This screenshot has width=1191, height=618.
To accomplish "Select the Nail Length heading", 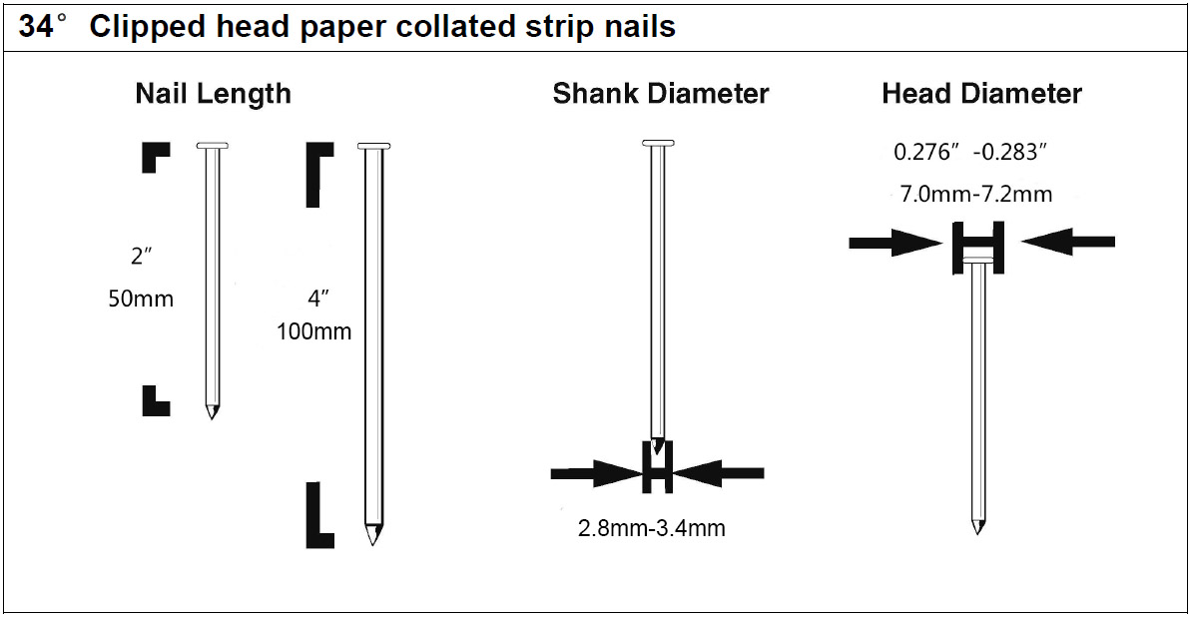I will [214, 94].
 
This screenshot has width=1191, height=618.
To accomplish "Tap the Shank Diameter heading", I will [661, 94].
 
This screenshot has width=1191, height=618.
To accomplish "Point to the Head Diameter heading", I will [981, 94].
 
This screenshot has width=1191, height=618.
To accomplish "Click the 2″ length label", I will [141, 258].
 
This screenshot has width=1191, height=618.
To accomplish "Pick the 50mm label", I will [141, 299].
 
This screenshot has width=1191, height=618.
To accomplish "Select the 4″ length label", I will [316, 297].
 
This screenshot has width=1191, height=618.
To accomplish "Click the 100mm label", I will [314, 331].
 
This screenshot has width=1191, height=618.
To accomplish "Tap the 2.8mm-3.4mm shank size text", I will [652, 528].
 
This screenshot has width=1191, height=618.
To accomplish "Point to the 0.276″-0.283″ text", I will [969, 153].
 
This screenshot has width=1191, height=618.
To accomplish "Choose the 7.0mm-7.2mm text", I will [976, 194].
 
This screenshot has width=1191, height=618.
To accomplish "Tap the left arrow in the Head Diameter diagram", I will [895, 241].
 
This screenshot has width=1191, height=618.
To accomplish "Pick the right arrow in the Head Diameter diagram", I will [1068, 241].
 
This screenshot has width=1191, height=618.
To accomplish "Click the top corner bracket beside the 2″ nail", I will [155, 157].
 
